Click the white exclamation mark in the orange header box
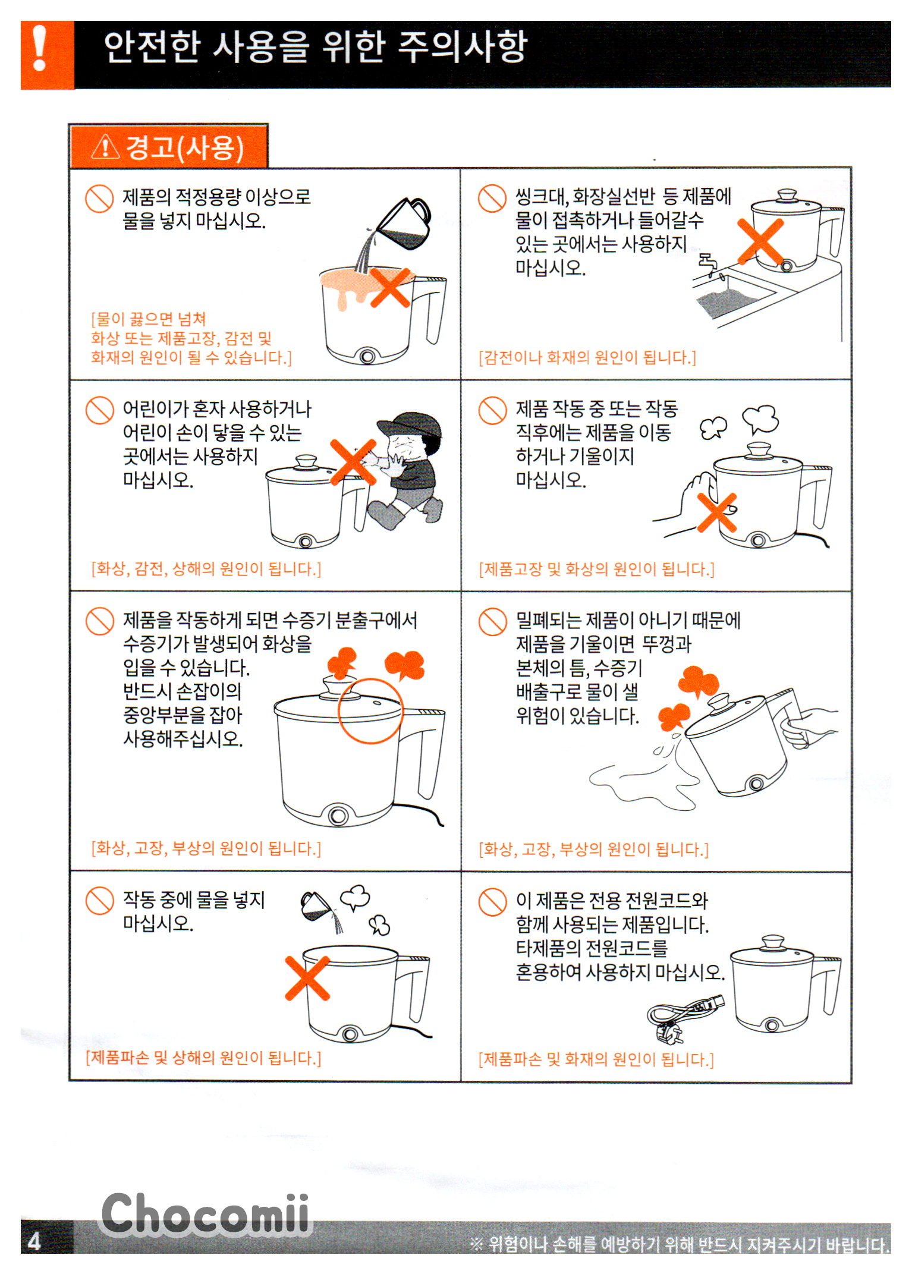point(40,48)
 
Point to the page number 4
point(34,1241)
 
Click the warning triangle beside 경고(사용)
point(105,147)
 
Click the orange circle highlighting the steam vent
point(370,711)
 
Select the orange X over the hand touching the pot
point(717,512)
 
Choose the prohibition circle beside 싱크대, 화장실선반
point(492,198)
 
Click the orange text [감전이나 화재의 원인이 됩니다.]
point(587,357)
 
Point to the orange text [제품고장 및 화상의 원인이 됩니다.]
point(596,569)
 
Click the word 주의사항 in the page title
point(463,46)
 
